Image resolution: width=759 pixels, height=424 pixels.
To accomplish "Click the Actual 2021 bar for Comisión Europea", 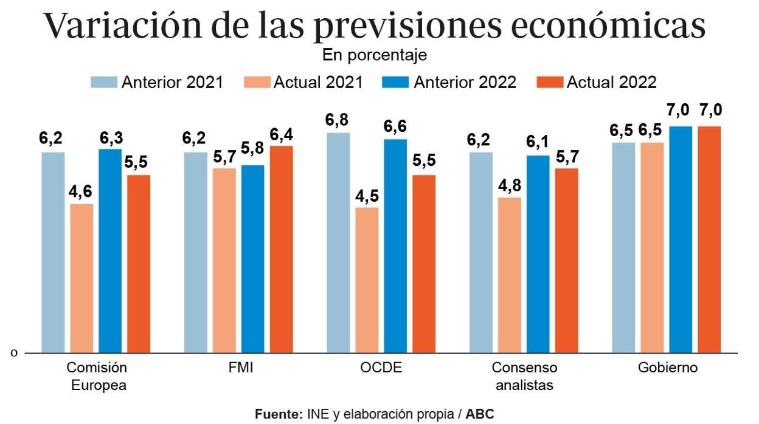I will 81,278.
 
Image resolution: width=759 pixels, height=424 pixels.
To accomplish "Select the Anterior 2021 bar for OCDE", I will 338,242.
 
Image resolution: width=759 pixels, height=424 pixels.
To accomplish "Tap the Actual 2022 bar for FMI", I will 281,249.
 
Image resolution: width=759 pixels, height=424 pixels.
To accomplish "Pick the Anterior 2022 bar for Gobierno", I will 681,239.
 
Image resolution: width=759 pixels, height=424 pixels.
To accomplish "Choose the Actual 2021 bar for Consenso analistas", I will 509,275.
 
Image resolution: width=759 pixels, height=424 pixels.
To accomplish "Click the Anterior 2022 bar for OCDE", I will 395,246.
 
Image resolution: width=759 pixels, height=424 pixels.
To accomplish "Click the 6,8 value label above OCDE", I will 338,120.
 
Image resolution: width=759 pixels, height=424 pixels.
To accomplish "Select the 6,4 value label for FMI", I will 281,134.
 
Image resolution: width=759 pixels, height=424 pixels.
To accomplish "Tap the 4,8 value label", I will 509,186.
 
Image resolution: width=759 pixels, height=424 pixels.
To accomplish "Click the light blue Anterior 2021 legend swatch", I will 104,83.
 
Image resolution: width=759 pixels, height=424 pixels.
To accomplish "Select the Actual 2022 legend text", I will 611,83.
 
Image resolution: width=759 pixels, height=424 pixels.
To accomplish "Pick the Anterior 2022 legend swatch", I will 396,83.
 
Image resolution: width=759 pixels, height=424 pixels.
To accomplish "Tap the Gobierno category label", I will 668,368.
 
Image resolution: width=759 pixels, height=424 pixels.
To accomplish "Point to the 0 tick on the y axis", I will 14,352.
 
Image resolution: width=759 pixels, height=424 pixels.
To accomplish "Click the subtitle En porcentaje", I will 375,55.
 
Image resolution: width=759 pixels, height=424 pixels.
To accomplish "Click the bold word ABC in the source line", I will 480,414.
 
